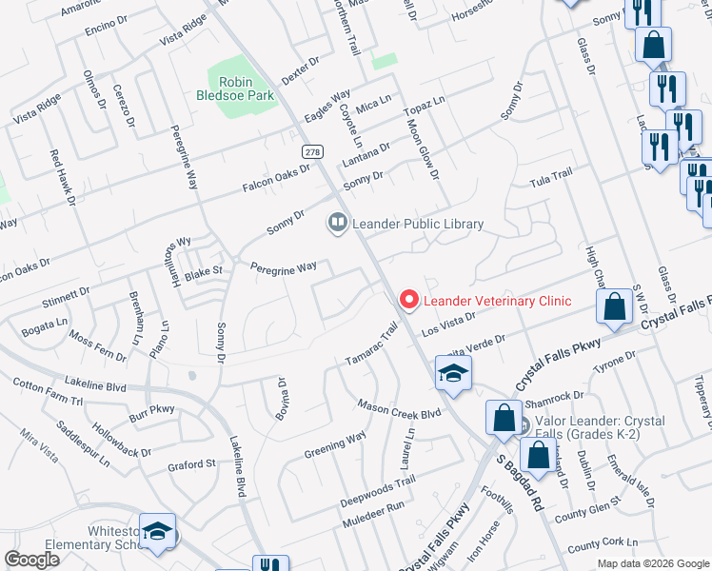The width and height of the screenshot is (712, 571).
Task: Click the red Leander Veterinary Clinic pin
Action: (409, 300)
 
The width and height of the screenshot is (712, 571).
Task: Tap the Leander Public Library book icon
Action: (336, 224)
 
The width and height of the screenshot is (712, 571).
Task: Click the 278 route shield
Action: (311, 151)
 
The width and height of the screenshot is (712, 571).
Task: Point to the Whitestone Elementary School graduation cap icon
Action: (159, 535)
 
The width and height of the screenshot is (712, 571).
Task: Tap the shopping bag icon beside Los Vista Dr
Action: (615, 306)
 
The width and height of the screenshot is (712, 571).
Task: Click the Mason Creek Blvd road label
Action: (400, 408)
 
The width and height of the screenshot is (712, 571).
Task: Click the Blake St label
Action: (203, 271)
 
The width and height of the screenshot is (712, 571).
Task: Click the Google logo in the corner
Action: (31, 559)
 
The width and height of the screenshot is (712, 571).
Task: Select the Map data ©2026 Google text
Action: (652, 563)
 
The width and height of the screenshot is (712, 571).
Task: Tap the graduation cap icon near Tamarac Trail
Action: (454, 374)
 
